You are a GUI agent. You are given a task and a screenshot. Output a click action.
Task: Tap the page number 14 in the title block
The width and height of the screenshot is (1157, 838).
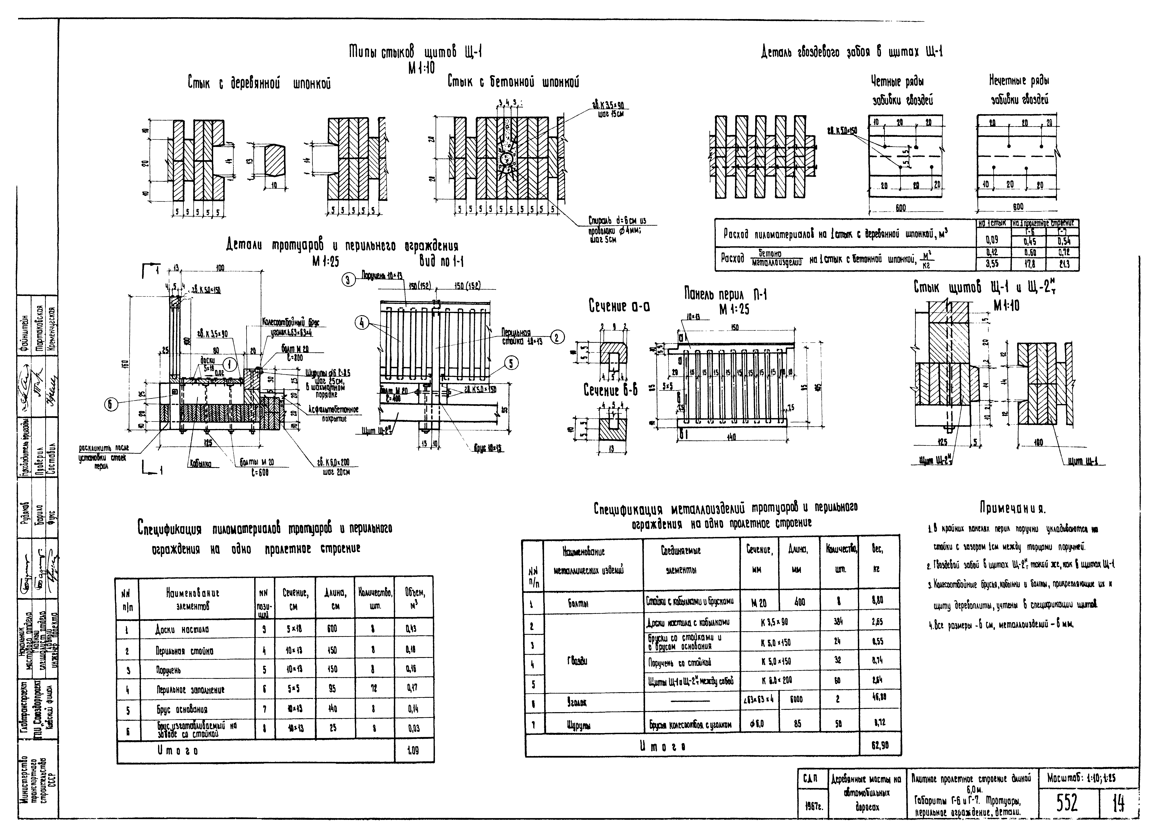tap(1118, 804)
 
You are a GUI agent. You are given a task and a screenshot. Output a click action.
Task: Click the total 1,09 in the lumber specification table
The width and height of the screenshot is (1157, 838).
tap(413, 751)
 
